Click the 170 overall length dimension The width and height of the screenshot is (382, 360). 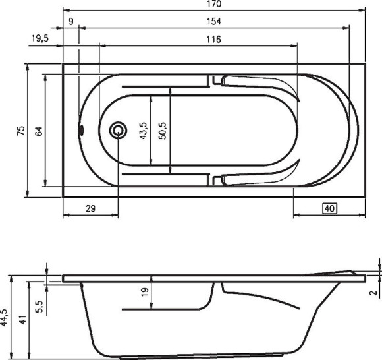tap(215, 4)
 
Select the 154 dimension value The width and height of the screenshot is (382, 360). tap(214, 22)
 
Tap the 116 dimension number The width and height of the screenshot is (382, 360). tap(214, 40)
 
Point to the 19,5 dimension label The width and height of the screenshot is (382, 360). tap(40, 38)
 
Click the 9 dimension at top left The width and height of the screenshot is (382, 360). tap(71, 22)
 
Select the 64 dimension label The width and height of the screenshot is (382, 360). tap(39, 131)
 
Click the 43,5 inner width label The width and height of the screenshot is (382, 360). tap(143, 131)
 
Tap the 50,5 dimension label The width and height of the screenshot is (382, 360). tap(162, 131)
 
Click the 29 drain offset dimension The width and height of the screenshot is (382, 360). tap(91, 208)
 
